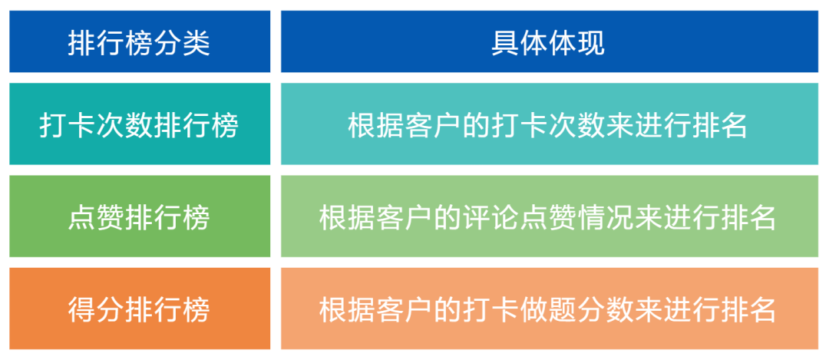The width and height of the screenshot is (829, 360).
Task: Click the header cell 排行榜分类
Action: tap(139, 41)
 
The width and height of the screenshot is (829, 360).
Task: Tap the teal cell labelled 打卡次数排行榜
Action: tap(139, 125)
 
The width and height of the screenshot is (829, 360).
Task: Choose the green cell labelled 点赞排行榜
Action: tap(139, 217)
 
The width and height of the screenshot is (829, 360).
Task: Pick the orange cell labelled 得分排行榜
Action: tap(139, 309)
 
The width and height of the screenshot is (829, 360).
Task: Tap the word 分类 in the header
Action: tap(181, 42)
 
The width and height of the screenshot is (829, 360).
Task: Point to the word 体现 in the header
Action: tap(576, 42)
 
